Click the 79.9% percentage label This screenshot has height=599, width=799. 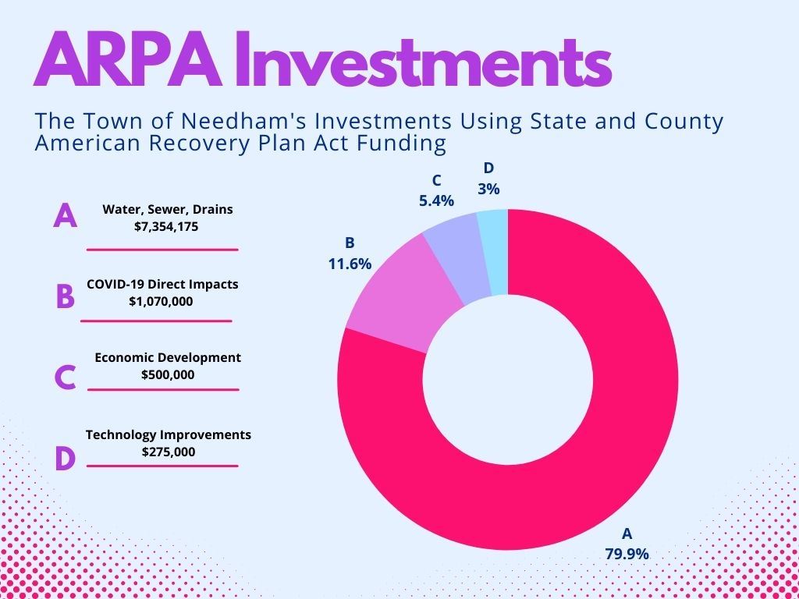click(627, 554)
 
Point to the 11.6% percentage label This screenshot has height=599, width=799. click(349, 264)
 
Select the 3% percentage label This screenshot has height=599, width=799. click(489, 189)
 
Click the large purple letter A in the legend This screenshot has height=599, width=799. click(66, 215)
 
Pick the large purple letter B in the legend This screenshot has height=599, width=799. click(65, 297)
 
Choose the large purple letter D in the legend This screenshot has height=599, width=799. click(65, 459)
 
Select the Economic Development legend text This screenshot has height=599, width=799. click(168, 357)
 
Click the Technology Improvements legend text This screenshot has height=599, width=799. click(168, 434)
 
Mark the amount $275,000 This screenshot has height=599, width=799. click(168, 452)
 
